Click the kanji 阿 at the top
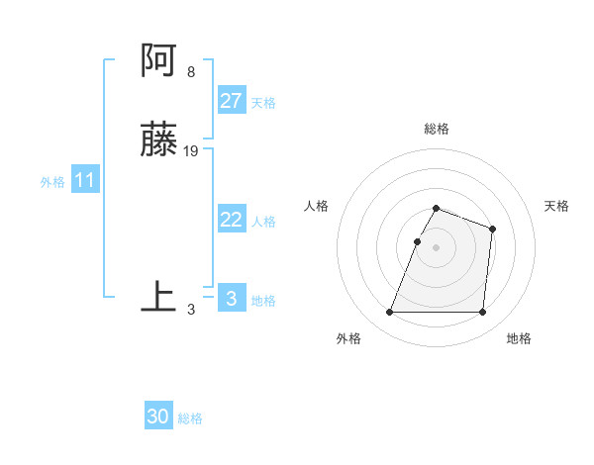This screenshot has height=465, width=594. tap(158, 62)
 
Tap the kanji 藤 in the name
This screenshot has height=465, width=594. tap(158, 141)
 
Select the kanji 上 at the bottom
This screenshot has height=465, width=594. tap(158, 298)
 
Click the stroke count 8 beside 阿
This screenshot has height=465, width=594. tap(190, 72)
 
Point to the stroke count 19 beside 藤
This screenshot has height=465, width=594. tap(191, 151)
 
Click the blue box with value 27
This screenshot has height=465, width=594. tap(231, 101)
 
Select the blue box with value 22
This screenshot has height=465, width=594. tap(231, 220)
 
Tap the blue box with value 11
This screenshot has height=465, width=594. tap(85, 181)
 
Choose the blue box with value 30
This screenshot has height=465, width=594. tap(158, 417)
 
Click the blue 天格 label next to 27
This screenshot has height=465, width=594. tap(263, 103)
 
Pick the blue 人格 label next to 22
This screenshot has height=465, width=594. tap(263, 222)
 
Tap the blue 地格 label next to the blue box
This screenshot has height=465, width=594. tap(263, 301)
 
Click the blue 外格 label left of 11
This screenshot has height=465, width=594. tap(52, 182)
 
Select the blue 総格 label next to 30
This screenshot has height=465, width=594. tap(190, 418)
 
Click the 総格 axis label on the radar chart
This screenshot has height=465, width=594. tap(437, 129)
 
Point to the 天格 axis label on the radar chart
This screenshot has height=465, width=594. tap(557, 206)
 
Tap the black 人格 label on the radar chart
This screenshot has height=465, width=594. tap(317, 206)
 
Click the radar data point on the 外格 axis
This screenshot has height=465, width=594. tap(390, 313)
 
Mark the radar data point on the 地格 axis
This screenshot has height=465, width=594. tap(482, 313)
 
